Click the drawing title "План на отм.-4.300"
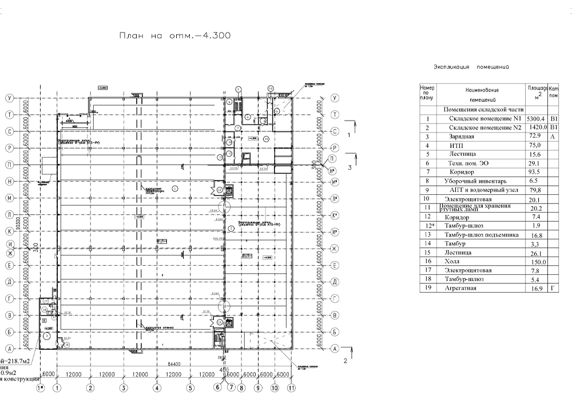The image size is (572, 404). [x=174, y=35]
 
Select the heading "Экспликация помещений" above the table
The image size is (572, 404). [x=472, y=67]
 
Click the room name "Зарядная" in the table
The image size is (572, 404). [x=462, y=137]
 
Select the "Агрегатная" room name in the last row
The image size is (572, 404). [x=460, y=288]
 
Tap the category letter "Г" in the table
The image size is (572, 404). [x=553, y=288]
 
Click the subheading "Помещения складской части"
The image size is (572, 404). [x=484, y=109]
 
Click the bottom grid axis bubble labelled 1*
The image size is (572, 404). [x=41, y=387]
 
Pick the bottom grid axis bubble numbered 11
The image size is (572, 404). [x=292, y=387]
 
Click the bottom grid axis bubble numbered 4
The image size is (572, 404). [x=156, y=387]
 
